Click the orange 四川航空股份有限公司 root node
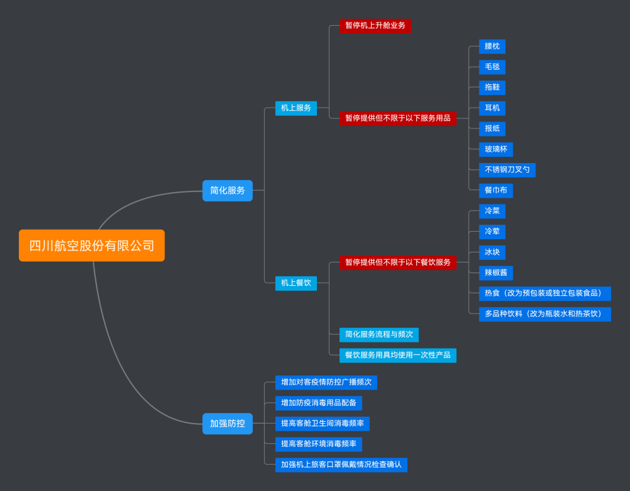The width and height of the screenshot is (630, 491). pos(91,245)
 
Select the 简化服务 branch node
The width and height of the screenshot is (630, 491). pos(227,190)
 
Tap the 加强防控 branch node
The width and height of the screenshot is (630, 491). pos(227,424)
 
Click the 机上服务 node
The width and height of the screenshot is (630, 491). pos(296,108)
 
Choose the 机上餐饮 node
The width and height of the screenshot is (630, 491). pos(296,283)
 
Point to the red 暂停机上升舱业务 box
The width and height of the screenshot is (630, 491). pos(375,26)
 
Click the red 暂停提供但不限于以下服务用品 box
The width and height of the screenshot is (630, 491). pos(398,118)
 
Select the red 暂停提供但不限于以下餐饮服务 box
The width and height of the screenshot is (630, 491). pos(398,262)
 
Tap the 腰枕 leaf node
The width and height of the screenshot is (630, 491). pos(492,47)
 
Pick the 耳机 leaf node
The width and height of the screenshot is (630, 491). pos(492,108)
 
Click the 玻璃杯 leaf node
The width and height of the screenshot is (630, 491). pos(496,149)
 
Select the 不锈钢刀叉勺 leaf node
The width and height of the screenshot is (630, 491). pos(507,170)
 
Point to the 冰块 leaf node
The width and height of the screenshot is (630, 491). pos(492,252)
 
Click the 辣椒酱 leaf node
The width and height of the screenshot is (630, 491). pos(496,273)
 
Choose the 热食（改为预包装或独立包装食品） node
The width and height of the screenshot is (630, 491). pos(545,293)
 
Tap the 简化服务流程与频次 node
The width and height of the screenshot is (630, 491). pos(379,334)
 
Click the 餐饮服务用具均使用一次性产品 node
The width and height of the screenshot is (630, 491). pos(398,355)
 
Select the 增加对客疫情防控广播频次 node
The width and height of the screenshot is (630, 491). pos(326,382)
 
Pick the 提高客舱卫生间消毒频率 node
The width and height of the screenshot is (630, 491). pos(322,424)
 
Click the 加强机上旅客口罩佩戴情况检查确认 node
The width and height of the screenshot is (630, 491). pos(341,465)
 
